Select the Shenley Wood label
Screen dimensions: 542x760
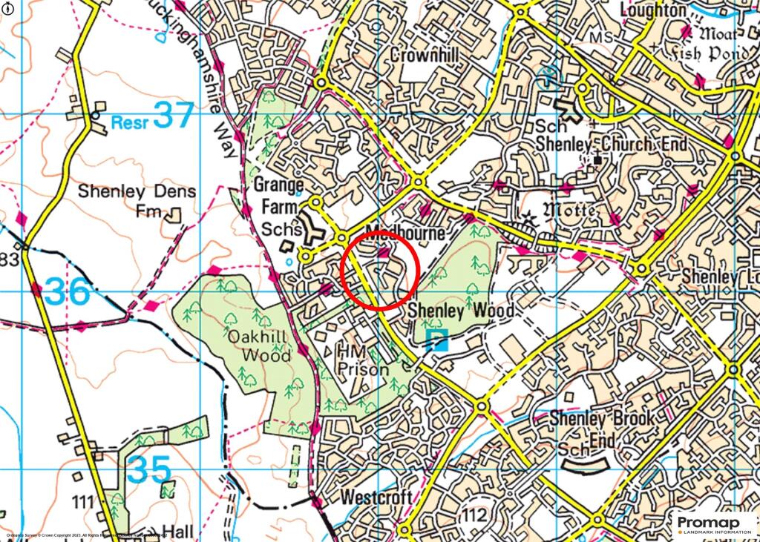[461, 311]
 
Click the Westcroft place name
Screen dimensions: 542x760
[376, 498]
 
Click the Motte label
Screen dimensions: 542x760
[570, 211]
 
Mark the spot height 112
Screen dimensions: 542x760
[475, 515]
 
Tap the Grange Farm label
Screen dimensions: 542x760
[279, 195]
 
